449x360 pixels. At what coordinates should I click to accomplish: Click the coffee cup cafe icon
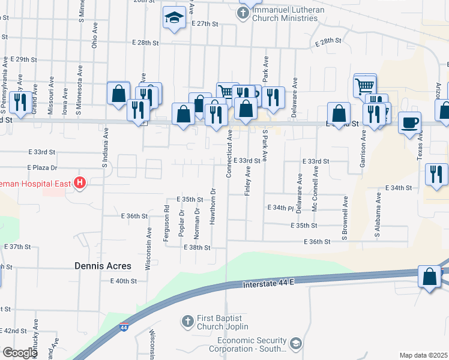point(409,122)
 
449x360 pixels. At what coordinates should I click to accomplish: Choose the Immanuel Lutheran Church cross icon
point(243,12)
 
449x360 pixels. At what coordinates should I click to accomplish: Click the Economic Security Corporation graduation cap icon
point(295,343)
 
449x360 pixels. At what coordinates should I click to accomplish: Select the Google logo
point(20,353)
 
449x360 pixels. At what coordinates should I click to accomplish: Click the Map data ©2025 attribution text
point(423,355)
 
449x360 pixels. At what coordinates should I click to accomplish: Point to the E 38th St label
point(197,247)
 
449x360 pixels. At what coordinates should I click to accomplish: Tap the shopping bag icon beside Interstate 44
point(430,278)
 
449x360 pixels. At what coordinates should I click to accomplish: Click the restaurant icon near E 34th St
point(436,174)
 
